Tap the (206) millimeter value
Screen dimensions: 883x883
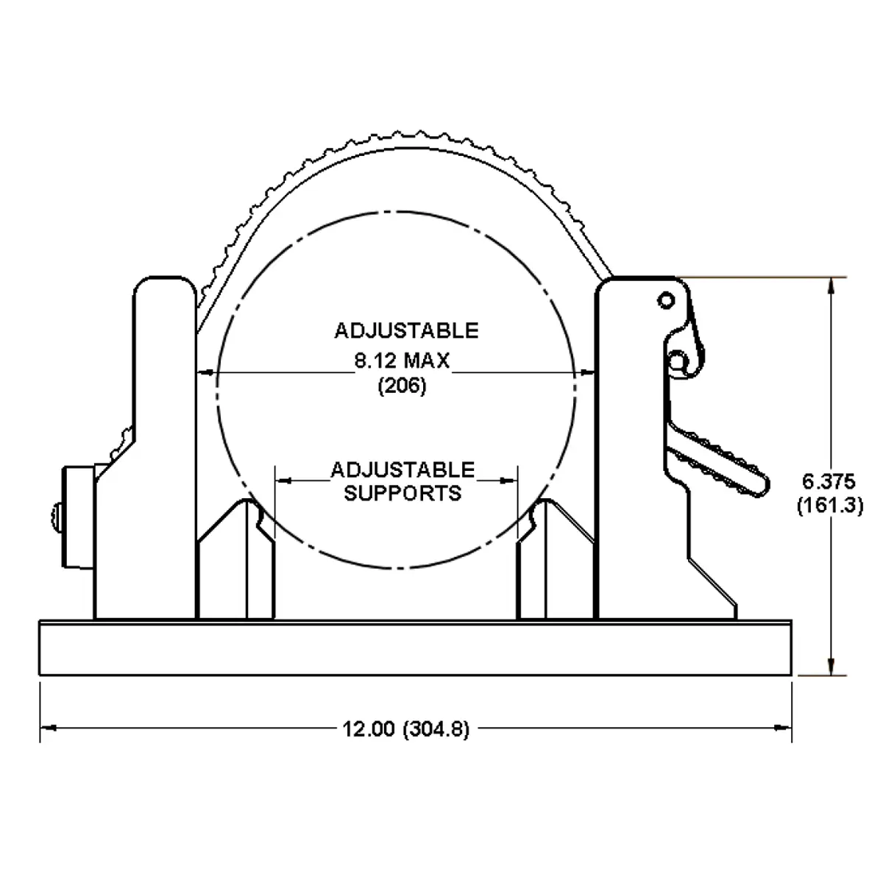(402, 386)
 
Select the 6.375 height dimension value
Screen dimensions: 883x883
(829, 482)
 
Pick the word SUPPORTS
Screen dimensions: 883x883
(403, 492)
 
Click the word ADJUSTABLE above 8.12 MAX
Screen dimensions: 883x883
(406, 330)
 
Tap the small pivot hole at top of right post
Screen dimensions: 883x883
(666, 299)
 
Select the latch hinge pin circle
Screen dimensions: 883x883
(676, 360)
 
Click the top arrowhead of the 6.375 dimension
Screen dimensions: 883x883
(831, 286)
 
